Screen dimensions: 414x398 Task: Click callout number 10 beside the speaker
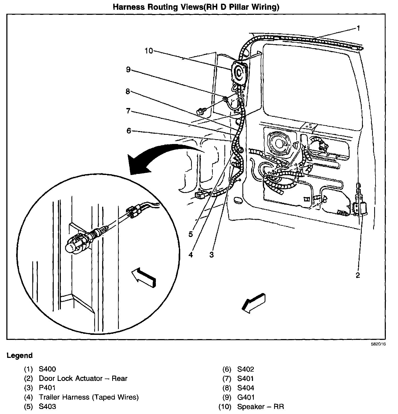tap(149, 51)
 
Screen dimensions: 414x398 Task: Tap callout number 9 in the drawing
tap(128, 70)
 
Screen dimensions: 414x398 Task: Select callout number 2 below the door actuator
tap(358, 275)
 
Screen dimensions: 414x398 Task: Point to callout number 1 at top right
tap(358, 28)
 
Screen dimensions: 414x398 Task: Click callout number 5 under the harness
tap(191, 234)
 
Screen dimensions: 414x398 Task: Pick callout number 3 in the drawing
tap(211, 255)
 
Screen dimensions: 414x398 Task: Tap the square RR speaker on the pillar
tap(240, 72)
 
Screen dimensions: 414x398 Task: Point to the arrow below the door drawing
tap(253, 302)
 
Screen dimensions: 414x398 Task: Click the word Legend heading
tap(20, 355)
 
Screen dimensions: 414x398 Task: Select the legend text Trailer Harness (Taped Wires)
tap(89, 397)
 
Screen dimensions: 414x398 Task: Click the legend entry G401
tap(246, 397)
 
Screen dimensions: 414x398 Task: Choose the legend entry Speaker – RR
tap(260, 406)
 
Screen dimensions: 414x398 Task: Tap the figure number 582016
tap(378, 344)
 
